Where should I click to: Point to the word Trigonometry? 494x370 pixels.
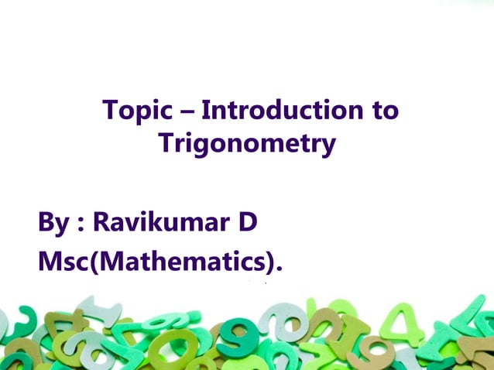[x=247, y=144]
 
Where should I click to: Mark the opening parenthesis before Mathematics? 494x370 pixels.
[x=98, y=263]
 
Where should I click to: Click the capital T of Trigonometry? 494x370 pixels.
[x=166, y=143]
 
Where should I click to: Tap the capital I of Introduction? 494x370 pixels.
[x=205, y=111]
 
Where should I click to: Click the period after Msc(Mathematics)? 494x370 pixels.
[x=279, y=270]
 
